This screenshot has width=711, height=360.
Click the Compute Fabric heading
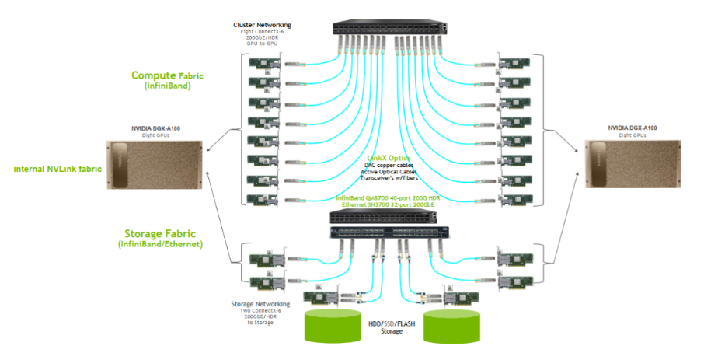pyautogui.click(x=167, y=75)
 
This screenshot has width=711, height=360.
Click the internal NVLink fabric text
pyautogui.click(x=58, y=168)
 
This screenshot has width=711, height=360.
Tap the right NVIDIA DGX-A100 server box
pyautogui.click(x=632, y=165)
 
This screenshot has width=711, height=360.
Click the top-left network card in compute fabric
pyautogui.click(x=263, y=63)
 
